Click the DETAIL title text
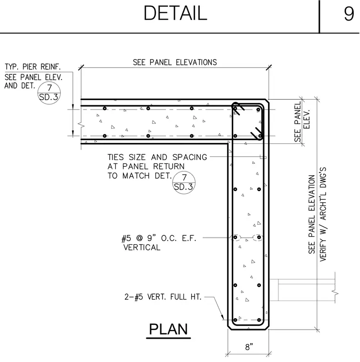[x=175, y=13]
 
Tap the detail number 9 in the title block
[x=349, y=14]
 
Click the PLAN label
[x=168, y=329]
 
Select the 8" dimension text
[x=249, y=347]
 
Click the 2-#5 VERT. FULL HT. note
[x=163, y=297]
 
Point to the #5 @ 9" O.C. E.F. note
[x=159, y=238]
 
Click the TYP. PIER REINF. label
[x=32, y=67]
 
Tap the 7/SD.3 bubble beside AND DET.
[x=49, y=93]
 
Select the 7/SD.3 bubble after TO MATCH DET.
[x=184, y=182]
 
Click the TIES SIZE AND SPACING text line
[x=157, y=157]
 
